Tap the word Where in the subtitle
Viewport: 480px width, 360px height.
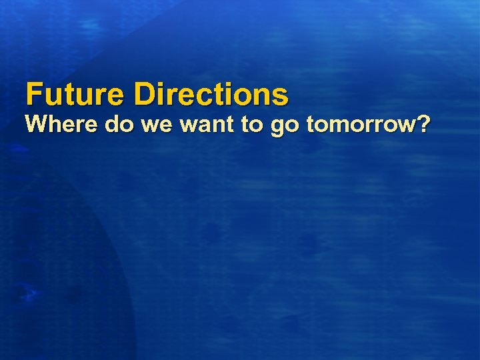(57, 124)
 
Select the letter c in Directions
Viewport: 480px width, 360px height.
(211, 97)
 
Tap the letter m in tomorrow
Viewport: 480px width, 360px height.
(340, 126)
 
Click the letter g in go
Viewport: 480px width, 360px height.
(277, 127)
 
